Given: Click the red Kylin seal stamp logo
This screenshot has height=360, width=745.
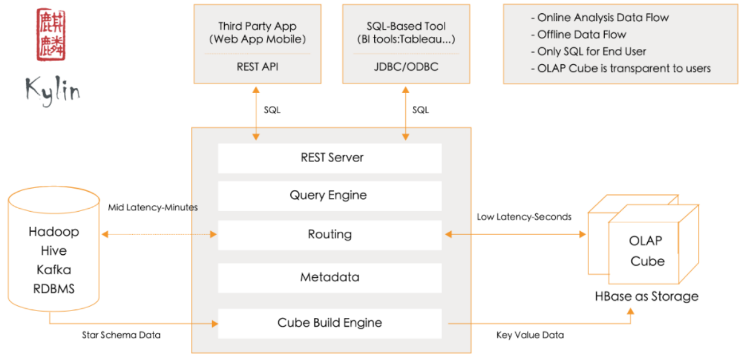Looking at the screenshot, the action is (51, 35).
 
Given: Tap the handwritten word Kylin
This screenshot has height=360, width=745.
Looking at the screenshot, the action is (53, 90).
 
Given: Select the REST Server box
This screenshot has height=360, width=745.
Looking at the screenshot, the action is (330, 158).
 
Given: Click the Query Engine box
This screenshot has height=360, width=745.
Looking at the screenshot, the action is (330, 196).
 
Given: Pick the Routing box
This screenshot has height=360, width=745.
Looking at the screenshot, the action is (330, 235).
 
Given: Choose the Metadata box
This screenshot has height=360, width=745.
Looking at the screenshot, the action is (330, 278).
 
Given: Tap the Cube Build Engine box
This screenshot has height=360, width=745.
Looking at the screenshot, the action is (330, 323).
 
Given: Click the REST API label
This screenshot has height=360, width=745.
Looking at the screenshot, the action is (258, 67).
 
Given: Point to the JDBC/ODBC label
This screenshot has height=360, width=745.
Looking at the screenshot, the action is (406, 67).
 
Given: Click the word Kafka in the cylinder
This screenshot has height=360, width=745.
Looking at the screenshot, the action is (54, 270).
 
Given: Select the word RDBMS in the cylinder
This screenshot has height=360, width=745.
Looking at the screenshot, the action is (54, 289).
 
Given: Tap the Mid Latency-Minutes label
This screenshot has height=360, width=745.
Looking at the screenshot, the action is (153, 207).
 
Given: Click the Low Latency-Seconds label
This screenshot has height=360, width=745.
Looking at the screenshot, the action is (524, 217).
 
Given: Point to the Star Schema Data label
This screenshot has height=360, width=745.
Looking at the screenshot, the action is (121, 335).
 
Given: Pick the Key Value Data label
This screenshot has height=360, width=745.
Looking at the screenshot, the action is (530, 335).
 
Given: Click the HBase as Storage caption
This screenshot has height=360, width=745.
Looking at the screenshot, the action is (647, 296).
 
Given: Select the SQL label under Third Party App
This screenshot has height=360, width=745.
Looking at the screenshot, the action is (272, 110).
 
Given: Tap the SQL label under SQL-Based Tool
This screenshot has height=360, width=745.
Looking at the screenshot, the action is (420, 110).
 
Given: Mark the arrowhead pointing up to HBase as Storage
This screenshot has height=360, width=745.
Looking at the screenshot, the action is (630, 312).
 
